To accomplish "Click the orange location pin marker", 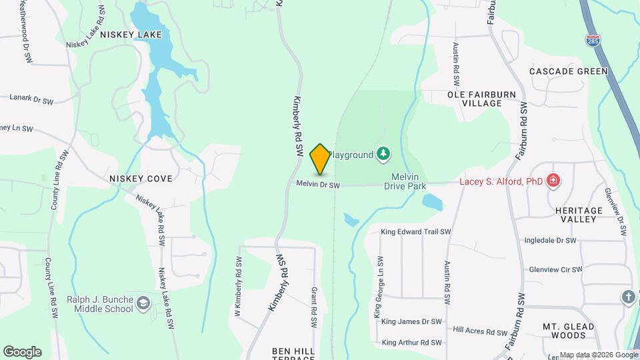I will (x=320, y=159).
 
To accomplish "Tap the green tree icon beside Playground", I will (x=383, y=155).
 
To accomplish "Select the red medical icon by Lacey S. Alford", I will (x=553, y=181).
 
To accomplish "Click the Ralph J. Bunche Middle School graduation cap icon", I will (x=143, y=305).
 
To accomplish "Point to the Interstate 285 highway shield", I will (x=591, y=40).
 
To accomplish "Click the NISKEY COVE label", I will (x=141, y=179).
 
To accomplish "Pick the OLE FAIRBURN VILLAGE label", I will (x=483, y=99).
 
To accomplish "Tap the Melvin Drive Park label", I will (x=405, y=181).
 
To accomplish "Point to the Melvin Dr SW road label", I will (x=318, y=185).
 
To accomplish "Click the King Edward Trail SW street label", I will (x=415, y=232).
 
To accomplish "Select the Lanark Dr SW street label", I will (x=31, y=98).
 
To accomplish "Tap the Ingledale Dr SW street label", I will (x=549, y=240).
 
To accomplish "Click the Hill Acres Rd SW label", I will (x=480, y=331).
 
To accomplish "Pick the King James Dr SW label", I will (x=411, y=321).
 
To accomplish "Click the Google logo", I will (x=22, y=352).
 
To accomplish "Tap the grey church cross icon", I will (x=629, y=297).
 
